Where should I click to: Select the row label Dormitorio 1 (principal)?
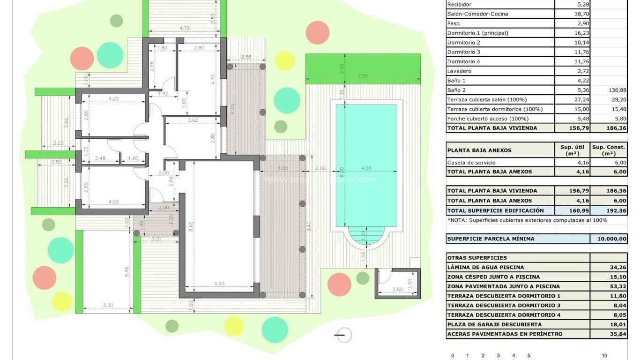(x=477, y=33)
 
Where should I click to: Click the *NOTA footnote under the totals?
(x=527, y=220)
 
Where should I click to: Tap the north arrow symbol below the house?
(x=343, y=335)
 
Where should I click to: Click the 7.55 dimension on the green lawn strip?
(x=363, y=76)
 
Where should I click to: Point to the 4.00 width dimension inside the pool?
(x=366, y=168)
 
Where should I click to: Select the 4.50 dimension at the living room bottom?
(x=219, y=283)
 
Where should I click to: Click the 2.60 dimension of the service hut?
(x=398, y=289)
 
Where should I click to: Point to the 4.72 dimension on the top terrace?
(x=184, y=28)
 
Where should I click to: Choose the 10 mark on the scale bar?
(x=604, y=356)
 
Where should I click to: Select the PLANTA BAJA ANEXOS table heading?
(x=479, y=150)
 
